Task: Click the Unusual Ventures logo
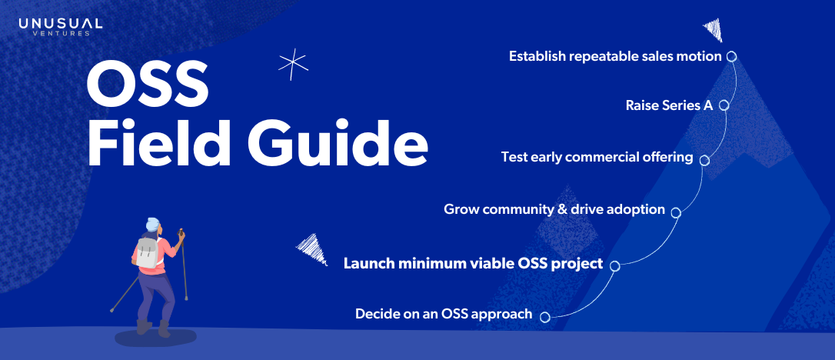pyautogui.click(x=60, y=27)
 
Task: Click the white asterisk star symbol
pyautogui.click(x=293, y=67)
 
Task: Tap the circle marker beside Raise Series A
pyautogui.click(x=724, y=105)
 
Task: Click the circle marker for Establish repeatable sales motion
pyautogui.click(x=731, y=56)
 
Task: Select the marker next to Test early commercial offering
pyautogui.click(x=704, y=160)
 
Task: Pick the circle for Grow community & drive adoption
pyautogui.click(x=676, y=212)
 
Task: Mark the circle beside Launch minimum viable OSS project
pyautogui.click(x=614, y=265)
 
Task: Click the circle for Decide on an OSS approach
pyautogui.click(x=544, y=318)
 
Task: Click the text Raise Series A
pyautogui.click(x=669, y=105)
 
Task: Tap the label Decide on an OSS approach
pyautogui.click(x=444, y=314)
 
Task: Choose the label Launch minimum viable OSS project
pyautogui.click(x=473, y=263)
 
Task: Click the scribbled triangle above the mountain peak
pyautogui.click(x=713, y=29)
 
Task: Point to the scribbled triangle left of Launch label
pyautogui.click(x=313, y=249)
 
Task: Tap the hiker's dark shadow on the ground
pyautogui.click(x=155, y=337)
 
